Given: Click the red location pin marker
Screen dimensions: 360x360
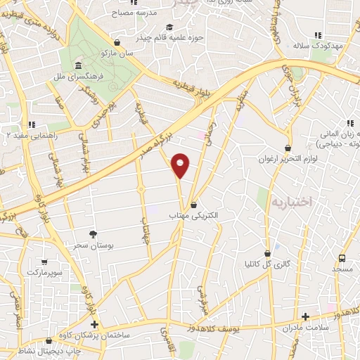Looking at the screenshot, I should coord(181,166).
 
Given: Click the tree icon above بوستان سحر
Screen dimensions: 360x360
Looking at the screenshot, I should coord(93,233).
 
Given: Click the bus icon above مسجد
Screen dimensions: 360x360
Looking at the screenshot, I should coord(342,259).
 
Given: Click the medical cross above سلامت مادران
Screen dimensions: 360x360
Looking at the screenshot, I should coord(304,317).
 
